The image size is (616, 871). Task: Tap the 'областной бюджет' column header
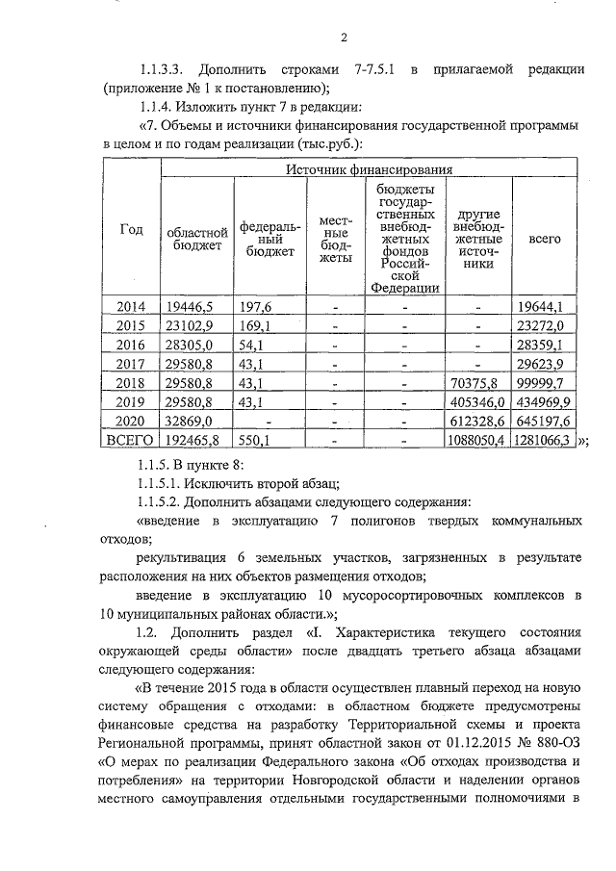196,238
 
